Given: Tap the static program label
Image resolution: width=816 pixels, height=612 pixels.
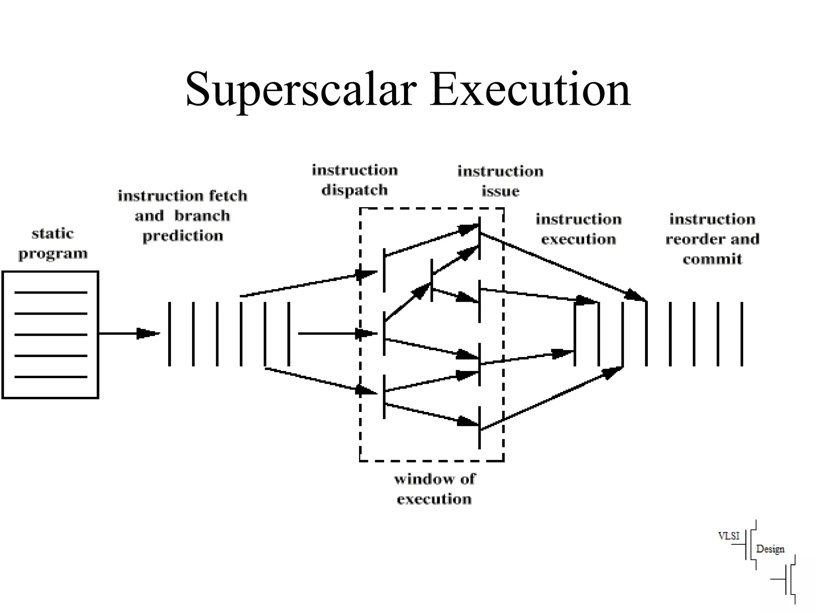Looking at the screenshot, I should point(53,243).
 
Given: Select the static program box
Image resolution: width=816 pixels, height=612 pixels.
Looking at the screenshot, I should point(50,335).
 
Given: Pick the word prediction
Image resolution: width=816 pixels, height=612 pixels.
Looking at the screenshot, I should point(183,236).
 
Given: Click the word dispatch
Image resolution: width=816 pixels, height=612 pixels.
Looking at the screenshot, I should point(355,190).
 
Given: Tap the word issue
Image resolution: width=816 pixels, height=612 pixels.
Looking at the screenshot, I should point(500,191).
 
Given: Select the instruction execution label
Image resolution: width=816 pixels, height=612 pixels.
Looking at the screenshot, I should point(579,229).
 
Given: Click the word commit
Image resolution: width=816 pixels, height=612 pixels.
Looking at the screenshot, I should point(712,259).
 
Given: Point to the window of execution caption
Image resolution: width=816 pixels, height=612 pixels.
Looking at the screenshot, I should point(434,489).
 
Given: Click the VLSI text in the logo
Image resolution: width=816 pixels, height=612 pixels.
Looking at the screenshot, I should point(728,536).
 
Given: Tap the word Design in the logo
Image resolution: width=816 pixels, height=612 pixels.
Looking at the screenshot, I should point(770,549).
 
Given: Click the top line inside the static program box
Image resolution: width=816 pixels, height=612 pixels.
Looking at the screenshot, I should point(51,292).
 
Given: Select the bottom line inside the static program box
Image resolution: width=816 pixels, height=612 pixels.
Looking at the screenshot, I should point(51,377).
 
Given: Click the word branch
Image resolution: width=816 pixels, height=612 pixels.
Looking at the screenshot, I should point(202,216).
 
